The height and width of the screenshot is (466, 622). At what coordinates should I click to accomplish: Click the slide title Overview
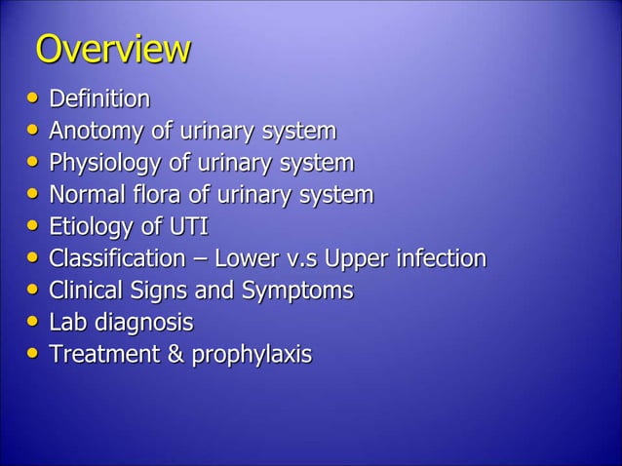click(112, 51)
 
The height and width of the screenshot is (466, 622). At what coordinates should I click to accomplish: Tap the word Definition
click(99, 99)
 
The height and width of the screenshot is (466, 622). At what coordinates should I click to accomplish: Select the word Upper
click(362, 260)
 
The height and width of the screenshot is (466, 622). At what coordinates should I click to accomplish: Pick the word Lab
click(67, 323)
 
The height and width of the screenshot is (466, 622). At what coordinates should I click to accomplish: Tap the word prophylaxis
click(252, 356)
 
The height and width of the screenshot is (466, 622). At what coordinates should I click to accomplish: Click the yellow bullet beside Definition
click(35, 100)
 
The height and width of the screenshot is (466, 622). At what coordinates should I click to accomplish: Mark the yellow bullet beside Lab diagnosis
click(35, 324)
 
